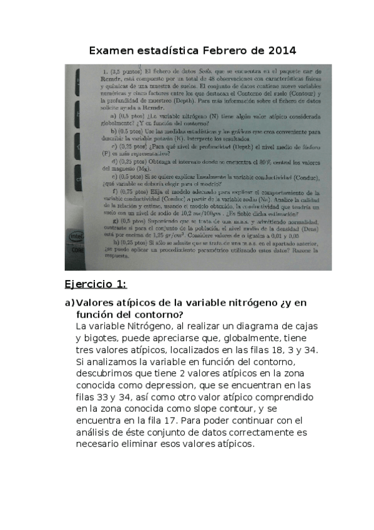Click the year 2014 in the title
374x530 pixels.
click(x=280, y=49)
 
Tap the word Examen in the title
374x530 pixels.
click(x=109, y=49)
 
